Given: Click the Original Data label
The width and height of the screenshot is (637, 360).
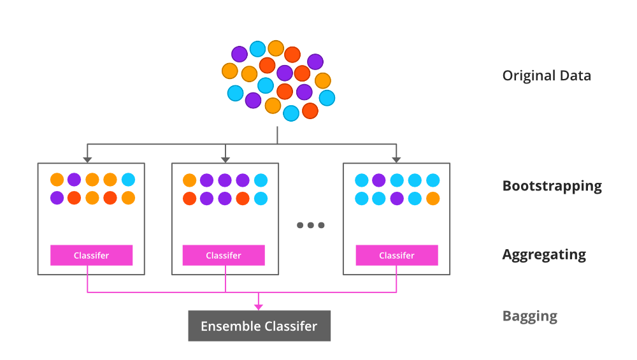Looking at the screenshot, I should (547, 76).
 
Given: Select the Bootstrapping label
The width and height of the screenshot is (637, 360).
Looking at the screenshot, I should (552, 186).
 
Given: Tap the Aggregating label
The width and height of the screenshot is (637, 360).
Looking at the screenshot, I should (544, 255).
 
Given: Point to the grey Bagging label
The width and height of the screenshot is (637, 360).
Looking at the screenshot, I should (529, 316).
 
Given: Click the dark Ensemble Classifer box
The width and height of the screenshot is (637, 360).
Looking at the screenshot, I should (259, 326).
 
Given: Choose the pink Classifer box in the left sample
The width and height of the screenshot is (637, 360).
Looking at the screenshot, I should (91, 256).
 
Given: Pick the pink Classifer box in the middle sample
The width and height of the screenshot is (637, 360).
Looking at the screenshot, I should (224, 256).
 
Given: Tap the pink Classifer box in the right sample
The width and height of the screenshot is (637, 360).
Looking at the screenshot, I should (397, 256).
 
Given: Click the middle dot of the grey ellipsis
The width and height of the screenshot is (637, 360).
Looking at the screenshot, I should (311, 225).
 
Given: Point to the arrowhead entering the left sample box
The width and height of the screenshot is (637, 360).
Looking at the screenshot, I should (87, 159).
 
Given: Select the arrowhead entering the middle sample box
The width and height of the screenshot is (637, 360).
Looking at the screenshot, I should (225, 159).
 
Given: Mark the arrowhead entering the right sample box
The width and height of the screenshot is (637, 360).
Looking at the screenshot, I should (396, 159).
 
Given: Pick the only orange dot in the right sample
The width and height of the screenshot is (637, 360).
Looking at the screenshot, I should (433, 198).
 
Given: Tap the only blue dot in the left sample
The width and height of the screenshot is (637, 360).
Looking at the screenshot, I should (128, 180).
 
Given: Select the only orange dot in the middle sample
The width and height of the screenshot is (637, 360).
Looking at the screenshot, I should (189, 180).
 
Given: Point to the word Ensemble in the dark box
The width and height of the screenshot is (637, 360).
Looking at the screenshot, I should (229, 326).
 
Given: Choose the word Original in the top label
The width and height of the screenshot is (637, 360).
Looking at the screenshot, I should (528, 76).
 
